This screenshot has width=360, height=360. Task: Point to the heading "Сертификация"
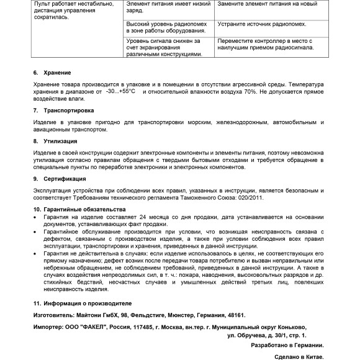coord(63,179)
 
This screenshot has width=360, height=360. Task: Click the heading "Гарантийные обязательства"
coord(84,210)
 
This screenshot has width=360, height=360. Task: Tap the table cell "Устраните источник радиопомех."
coord(261,25)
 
